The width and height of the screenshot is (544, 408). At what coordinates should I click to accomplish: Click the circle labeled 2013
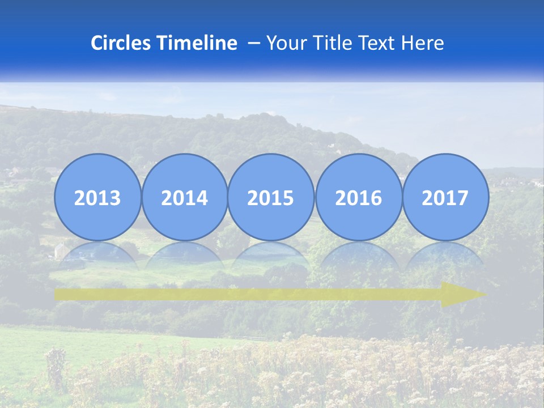coord(97,197)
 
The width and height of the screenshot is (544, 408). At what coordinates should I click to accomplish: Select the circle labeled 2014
coord(184,197)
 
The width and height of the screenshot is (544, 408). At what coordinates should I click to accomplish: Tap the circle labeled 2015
coord(271,197)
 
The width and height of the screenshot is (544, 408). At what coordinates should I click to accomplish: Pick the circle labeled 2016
coord(358,197)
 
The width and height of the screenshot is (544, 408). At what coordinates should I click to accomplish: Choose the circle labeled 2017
coord(445,197)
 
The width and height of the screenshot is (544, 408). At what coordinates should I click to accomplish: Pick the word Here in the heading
coord(423,43)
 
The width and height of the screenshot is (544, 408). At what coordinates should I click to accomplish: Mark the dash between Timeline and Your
coord(254,44)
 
